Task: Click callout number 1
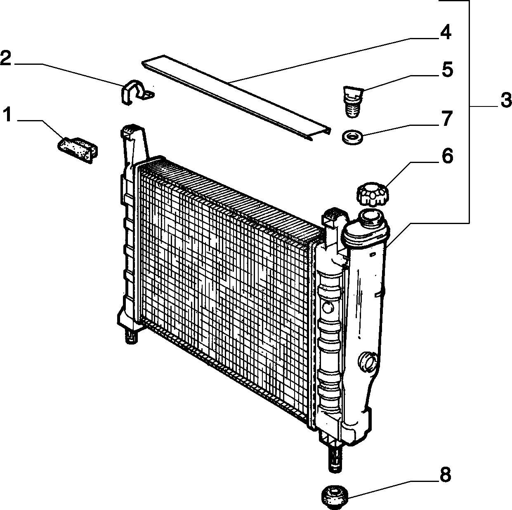[8, 115]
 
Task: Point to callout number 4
[445, 32]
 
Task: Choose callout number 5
[447, 69]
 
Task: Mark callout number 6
[447, 156]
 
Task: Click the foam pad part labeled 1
[78, 150]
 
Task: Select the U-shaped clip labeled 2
[136, 92]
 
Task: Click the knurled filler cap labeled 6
[373, 194]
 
